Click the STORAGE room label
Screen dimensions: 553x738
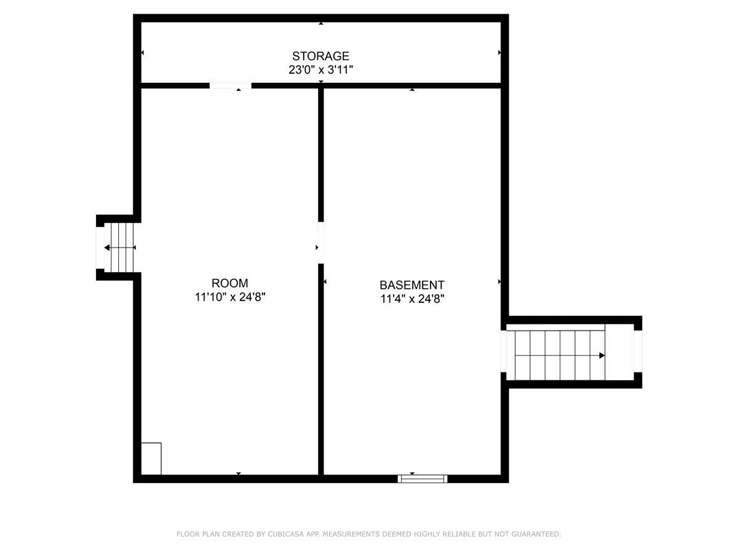coord(320,57)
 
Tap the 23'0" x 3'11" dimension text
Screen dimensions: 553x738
coord(320,70)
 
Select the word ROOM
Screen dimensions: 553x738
coord(230,283)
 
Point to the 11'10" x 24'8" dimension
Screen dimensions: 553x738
coord(230,297)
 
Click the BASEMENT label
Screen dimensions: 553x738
coord(411,285)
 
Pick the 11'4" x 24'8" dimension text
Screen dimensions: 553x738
coord(411,299)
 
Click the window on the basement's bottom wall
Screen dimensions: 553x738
coord(423,478)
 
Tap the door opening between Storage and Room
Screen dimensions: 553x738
coord(231,85)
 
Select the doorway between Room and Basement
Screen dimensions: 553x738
coord(320,243)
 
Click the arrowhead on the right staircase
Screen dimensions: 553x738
coord(601,355)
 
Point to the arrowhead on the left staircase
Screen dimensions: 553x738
coord(108,248)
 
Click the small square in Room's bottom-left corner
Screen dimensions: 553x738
coord(151,458)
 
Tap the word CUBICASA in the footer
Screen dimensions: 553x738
coord(284,535)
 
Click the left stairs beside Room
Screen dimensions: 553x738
coord(122,247)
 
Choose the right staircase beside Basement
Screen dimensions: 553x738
coord(560,355)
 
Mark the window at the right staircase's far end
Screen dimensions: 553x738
coord(638,351)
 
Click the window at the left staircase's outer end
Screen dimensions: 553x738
coord(100,248)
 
